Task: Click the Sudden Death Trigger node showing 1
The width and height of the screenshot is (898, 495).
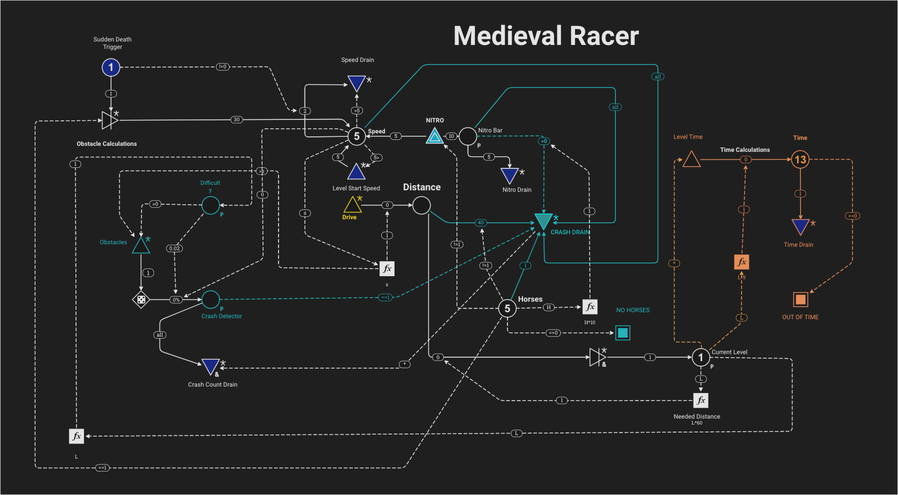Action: coord(111,67)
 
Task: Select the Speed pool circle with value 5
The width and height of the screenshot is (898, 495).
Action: coord(356,136)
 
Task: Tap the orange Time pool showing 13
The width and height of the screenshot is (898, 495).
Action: coord(800,160)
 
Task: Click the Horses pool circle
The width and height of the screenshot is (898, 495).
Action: coord(507,308)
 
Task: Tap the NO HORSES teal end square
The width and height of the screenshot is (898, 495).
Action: coord(622,333)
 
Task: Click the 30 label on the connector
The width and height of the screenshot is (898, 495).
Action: coord(236,119)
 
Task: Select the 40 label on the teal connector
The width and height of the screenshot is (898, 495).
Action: coord(481,222)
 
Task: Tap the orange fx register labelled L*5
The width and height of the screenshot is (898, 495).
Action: coord(741,262)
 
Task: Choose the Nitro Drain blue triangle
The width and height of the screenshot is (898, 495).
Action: coord(509,175)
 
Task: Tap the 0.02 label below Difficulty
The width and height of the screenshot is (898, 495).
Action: coord(174,248)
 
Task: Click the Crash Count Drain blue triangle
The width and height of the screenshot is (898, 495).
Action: coord(210,366)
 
